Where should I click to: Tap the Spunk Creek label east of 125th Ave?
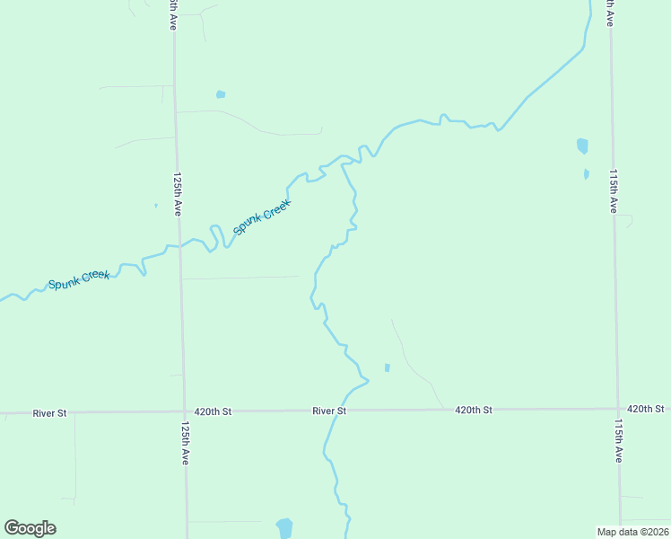pyautogui.click(x=262, y=216)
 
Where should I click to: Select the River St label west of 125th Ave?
pyautogui.click(x=49, y=413)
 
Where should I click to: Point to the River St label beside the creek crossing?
pyautogui.click(x=329, y=411)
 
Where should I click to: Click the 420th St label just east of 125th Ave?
pyautogui.click(x=213, y=411)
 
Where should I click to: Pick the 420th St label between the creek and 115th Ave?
pyautogui.click(x=474, y=410)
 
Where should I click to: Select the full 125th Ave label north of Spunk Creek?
pyautogui.click(x=178, y=194)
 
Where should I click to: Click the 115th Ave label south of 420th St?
pyautogui.click(x=618, y=439)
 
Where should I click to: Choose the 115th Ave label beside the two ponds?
pyautogui.click(x=614, y=190)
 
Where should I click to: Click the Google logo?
pyautogui.click(x=30, y=528)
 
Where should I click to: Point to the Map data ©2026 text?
pyautogui.click(x=633, y=531)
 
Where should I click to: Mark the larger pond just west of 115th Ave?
pyautogui.click(x=582, y=146)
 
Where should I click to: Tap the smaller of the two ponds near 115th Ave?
pyautogui.click(x=586, y=174)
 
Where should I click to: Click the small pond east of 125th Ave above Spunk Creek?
pyautogui.click(x=221, y=93)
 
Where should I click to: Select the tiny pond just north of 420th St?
pyautogui.click(x=387, y=367)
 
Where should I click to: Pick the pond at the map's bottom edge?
pyautogui.click(x=284, y=527)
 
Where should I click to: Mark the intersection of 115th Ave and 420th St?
pyautogui.click(x=617, y=409)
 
